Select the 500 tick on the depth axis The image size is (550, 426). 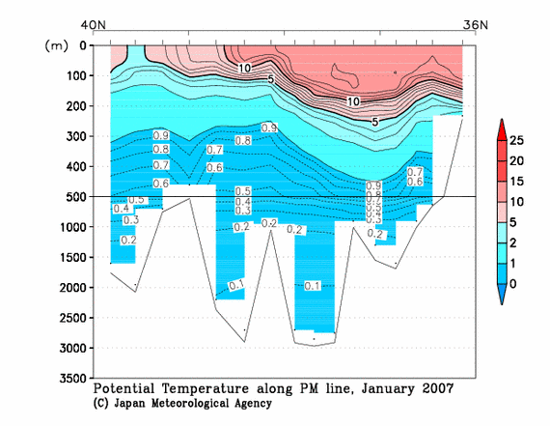point(74,197)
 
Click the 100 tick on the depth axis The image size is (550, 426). point(74,76)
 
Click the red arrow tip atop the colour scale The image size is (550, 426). point(501,123)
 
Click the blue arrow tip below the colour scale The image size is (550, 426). point(501,299)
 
